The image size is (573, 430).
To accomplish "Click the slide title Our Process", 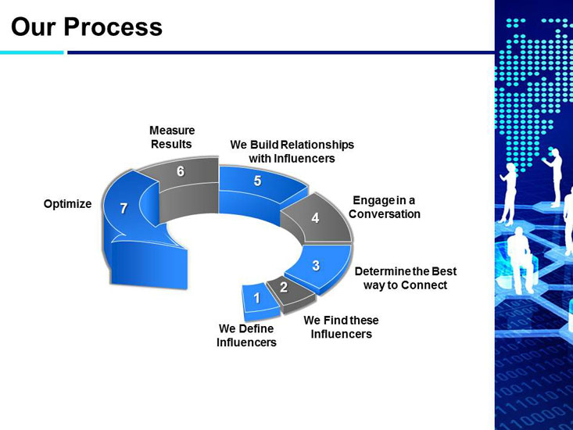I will click(86, 27).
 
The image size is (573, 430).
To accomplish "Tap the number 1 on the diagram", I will click(256, 297).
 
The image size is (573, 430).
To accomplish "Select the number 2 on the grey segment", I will click(283, 287).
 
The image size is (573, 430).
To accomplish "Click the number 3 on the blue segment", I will click(315, 265).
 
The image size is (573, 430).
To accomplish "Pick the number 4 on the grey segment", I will click(315, 218).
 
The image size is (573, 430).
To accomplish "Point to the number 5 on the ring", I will click(257, 181).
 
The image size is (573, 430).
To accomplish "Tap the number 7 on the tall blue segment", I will click(124, 208).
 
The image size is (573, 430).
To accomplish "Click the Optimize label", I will click(67, 204).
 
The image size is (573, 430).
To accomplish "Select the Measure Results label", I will click(172, 137).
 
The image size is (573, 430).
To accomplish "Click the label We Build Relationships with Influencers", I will click(292, 152).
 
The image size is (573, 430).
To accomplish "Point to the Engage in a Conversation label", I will click(385, 207).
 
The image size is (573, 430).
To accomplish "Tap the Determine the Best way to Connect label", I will click(405, 278).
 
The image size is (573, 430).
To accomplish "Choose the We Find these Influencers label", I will click(341, 327).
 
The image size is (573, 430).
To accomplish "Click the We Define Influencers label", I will click(246, 335).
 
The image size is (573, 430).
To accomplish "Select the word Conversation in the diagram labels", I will click(385, 214).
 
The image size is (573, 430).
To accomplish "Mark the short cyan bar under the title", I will click(31, 52).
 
